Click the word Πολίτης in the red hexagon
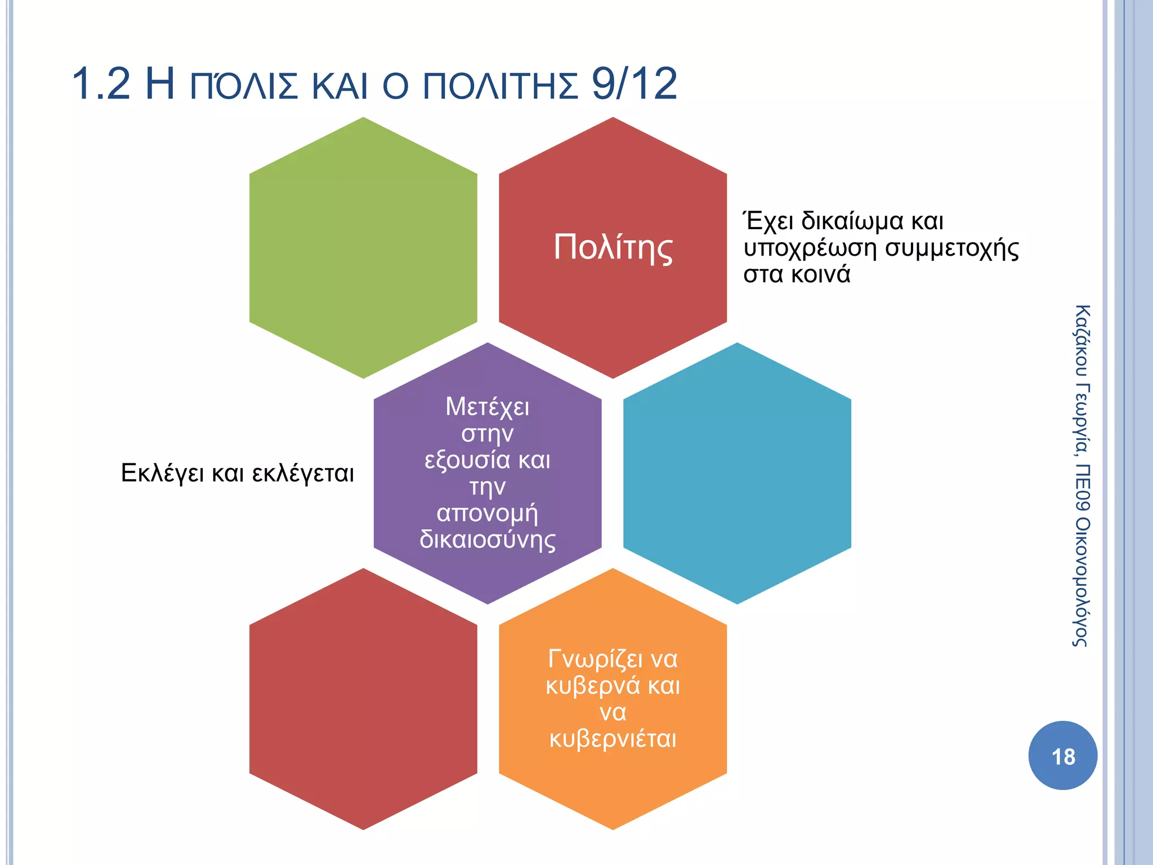pyautogui.click(x=613, y=248)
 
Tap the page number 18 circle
pyautogui.click(x=1062, y=756)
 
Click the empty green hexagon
pyautogui.click(x=363, y=248)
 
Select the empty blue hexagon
pyautogui.click(x=737, y=473)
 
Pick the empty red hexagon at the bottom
pyautogui.click(x=363, y=698)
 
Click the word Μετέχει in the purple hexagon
pyautogui.click(x=488, y=407)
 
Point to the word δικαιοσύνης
pyautogui.click(x=488, y=539)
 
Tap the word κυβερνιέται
pyautogui.click(x=613, y=739)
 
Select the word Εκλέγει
pyautogui.click(x=162, y=473)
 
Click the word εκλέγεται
pyautogui.click(x=303, y=473)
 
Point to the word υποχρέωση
pyautogui.click(x=810, y=248)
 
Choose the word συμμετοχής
pyautogui.click(x=952, y=248)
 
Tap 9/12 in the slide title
pyautogui.click(x=634, y=84)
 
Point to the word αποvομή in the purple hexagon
pyautogui.click(x=488, y=513)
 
